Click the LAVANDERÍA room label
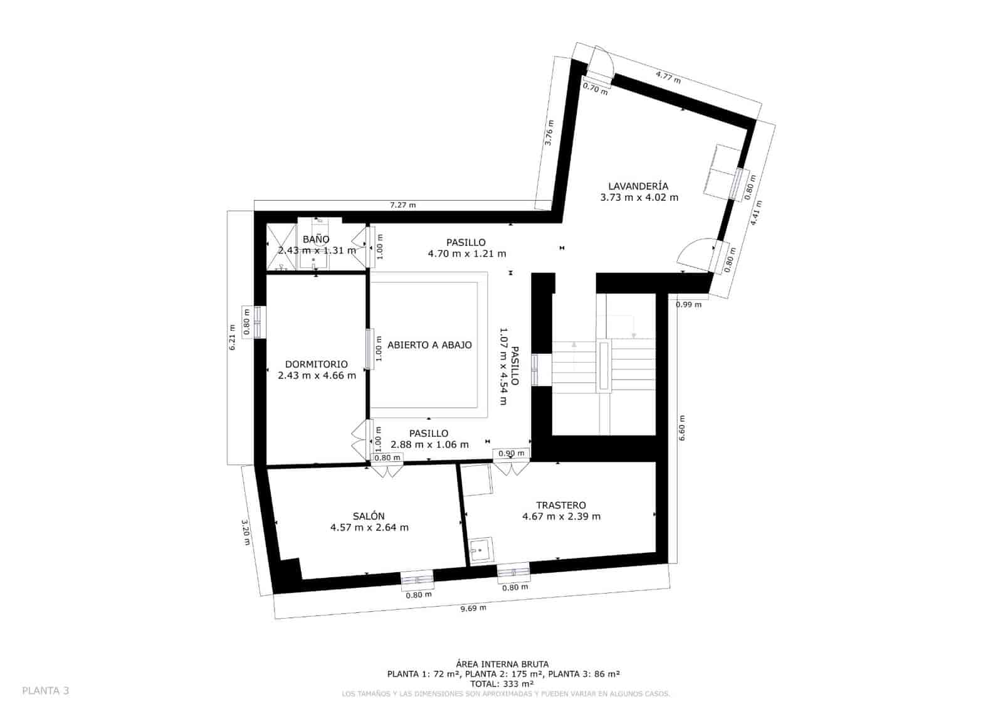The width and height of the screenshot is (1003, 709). (x=638, y=186)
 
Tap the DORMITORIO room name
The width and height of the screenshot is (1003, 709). (x=316, y=364)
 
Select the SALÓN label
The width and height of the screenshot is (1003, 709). (x=369, y=516)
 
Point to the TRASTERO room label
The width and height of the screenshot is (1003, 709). (x=561, y=505)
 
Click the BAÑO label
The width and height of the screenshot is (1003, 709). (x=316, y=239)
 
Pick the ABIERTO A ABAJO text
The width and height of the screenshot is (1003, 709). (x=429, y=344)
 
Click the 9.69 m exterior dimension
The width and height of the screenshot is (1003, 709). (x=473, y=608)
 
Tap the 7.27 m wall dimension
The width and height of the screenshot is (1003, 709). (x=403, y=205)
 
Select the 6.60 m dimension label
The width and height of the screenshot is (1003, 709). (x=682, y=428)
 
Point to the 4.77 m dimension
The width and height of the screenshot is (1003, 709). (x=668, y=78)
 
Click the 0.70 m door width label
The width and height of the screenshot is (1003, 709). (x=595, y=89)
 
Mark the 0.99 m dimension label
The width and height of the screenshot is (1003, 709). (x=688, y=305)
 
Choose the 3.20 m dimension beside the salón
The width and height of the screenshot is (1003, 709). (x=246, y=531)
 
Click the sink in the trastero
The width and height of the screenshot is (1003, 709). (x=481, y=550)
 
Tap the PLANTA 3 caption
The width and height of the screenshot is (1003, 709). (x=46, y=691)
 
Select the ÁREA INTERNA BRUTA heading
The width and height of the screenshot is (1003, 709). (x=502, y=664)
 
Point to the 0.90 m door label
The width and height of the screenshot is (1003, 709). (x=512, y=453)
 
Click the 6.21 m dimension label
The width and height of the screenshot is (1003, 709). (x=233, y=337)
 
